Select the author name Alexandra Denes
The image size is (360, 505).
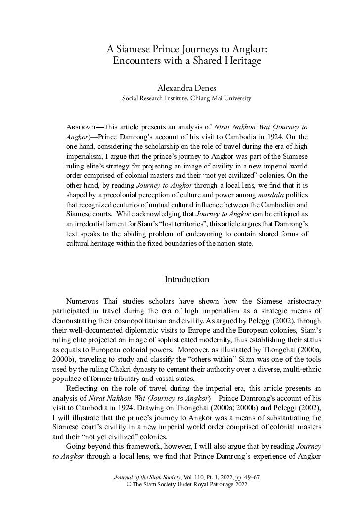pos(186,88)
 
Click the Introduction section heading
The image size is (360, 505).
pos(186,280)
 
